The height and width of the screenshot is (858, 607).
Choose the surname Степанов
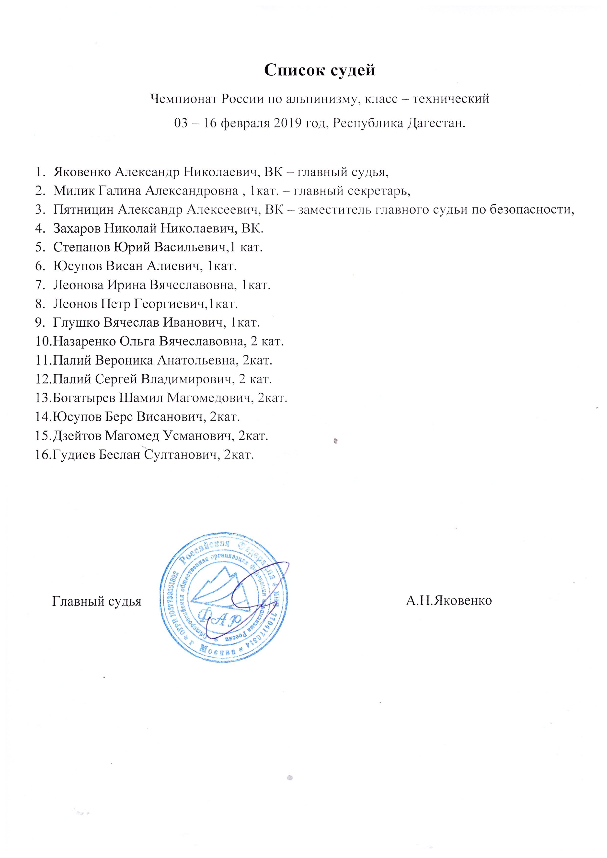(81, 247)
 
